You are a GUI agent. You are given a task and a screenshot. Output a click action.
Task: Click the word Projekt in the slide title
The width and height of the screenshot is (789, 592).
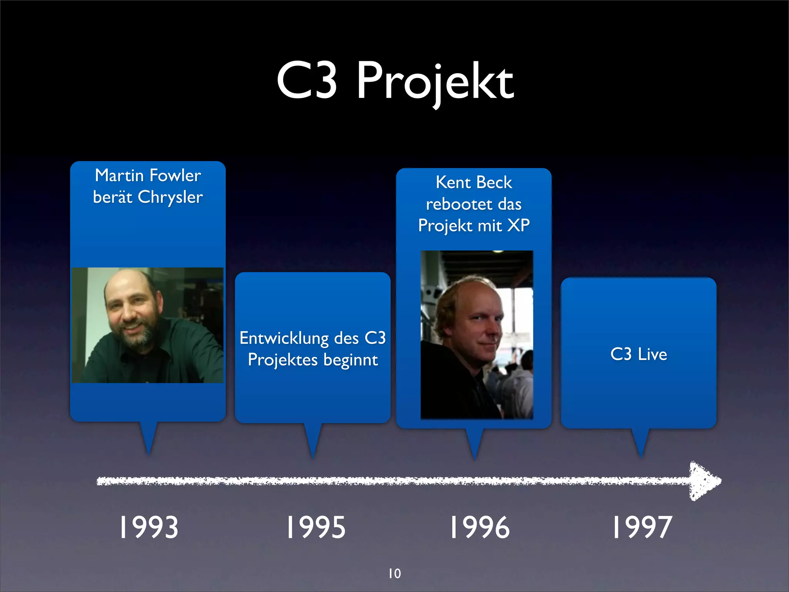click(435, 82)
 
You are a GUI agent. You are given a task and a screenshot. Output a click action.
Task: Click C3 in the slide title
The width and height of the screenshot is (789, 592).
click(307, 80)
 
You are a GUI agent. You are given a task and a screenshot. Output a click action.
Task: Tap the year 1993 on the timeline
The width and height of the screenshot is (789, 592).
click(148, 527)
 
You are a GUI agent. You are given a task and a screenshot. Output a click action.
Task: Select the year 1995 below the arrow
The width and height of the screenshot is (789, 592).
click(316, 527)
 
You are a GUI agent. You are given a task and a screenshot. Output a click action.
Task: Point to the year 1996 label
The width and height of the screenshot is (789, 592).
click(480, 527)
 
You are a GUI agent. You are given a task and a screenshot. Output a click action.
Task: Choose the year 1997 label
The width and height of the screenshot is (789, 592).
click(642, 527)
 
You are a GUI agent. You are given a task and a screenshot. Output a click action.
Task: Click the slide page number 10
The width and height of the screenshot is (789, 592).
click(394, 573)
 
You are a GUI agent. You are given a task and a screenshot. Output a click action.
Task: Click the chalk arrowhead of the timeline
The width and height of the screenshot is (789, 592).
click(703, 481)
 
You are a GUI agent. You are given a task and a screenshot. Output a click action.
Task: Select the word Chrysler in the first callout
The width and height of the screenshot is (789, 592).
click(170, 197)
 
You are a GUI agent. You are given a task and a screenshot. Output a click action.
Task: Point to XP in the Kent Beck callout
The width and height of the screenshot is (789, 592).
click(519, 225)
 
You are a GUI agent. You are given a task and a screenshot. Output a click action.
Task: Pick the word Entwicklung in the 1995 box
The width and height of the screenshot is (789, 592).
click(284, 338)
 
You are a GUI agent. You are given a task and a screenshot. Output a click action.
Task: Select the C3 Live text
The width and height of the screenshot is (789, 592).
click(639, 354)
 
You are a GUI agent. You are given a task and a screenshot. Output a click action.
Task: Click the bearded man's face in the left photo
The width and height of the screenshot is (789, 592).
click(131, 312)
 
